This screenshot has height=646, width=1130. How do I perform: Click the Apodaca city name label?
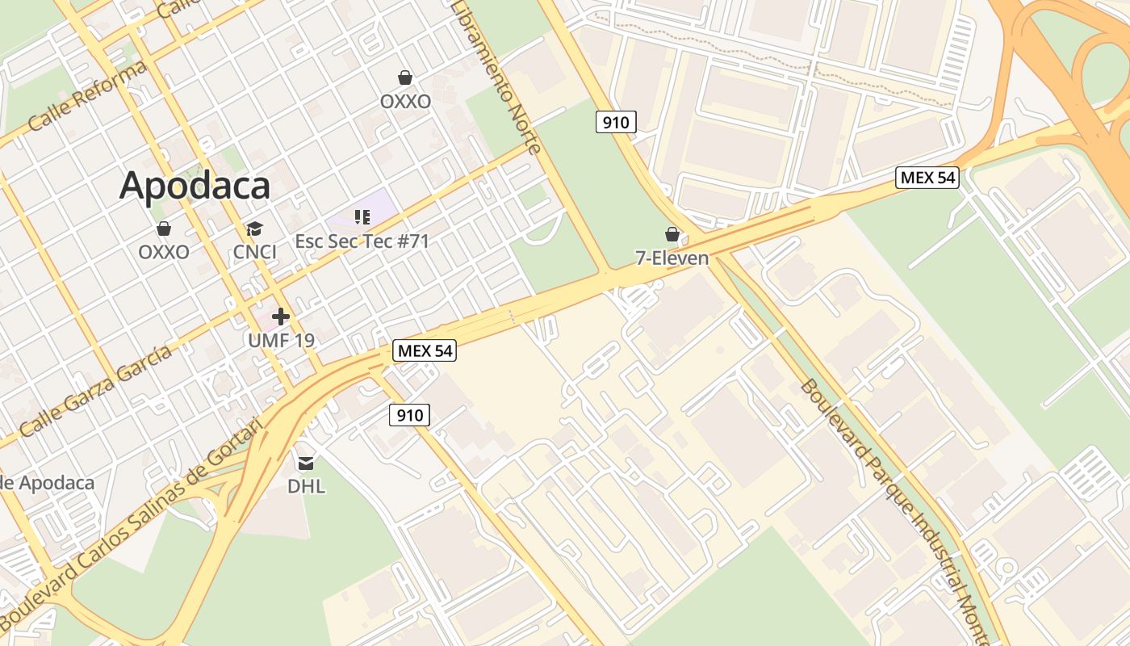click(195, 186)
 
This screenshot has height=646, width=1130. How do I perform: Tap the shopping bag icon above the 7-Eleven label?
click(672, 235)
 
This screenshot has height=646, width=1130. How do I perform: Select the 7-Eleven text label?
click(672, 258)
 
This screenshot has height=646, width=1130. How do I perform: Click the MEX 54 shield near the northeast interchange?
click(927, 178)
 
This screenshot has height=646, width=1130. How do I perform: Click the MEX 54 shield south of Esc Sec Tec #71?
click(425, 350)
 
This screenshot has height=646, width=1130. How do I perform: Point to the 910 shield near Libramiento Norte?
click(617, 122)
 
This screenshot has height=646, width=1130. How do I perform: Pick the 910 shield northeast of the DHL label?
click(410, 415)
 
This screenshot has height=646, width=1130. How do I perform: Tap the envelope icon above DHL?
click(306, 464)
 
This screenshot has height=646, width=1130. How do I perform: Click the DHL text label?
click(307, 486)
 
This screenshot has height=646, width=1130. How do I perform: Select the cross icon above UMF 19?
click(281, 317)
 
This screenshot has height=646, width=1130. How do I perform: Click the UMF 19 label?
click(281, 340)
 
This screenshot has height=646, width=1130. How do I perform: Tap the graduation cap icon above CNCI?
click(255, 229)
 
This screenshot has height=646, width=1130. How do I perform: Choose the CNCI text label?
click(255, 252)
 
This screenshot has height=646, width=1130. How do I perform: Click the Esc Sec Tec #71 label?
click(362, 241)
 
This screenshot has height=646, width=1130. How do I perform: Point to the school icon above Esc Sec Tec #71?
click(362, 216)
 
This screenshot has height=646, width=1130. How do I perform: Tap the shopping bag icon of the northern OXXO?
click(405, 78)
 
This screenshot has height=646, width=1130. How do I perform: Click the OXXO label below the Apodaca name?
click(164, 252)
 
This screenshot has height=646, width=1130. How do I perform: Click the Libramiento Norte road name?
click(496, 77)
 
